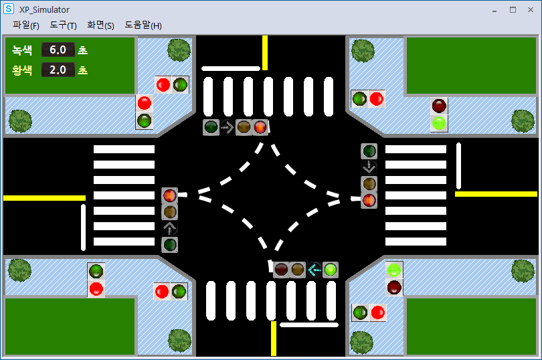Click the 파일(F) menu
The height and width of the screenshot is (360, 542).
click(26, 25)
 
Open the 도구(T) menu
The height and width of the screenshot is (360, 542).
click(63, 25)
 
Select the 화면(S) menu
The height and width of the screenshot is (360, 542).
click(100, 25)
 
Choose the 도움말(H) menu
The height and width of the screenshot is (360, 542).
click(143, 25)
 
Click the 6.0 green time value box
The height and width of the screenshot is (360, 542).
click(58, 50)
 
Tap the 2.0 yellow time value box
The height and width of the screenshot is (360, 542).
click(58, 70)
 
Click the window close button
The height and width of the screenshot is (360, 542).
click(531, 10)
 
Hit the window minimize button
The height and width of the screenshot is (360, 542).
click(494, 10)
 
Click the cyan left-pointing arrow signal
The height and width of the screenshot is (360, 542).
click(314, 270)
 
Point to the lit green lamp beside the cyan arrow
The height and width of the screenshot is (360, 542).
click(331, 270)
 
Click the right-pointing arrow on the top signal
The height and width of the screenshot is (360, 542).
click(228, 127)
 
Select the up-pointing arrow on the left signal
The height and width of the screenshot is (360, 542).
click(170, 228)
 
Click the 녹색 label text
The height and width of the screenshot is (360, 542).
click(22, 50)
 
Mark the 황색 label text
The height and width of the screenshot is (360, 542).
click(22, 70)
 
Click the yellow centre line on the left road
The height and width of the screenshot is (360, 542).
click(44, 198)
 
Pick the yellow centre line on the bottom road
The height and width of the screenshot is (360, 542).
click(274, 338)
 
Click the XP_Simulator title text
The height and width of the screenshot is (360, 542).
click(44, 10)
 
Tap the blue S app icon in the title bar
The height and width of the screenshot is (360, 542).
click(9, 9)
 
